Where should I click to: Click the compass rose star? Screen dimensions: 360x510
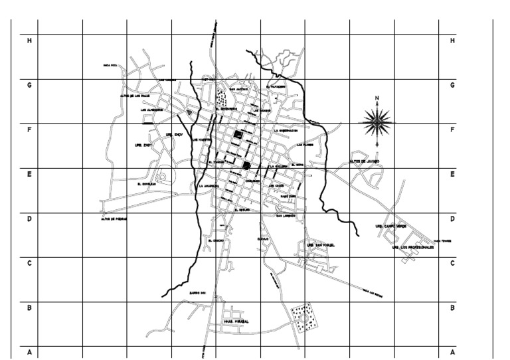pos(377,122)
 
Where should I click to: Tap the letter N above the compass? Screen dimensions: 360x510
pos(377,99)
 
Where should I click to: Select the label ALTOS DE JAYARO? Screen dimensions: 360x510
pos(364,161)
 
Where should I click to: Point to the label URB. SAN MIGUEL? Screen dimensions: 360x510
pos(321,245)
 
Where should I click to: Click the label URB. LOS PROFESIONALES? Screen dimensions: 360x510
pos(412,247)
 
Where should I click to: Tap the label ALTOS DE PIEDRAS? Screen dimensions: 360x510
pos(114,219)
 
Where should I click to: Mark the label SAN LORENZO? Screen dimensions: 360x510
pos(288,215)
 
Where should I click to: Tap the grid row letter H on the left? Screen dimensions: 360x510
pos(29,41)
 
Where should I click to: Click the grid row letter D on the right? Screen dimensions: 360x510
pos(452,219)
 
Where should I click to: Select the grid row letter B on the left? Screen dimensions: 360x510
pos(29,308)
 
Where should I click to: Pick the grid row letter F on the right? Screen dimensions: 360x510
pos(452,130)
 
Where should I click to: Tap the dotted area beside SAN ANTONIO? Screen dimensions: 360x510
pos(221,98)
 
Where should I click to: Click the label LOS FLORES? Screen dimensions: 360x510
pos(305,144)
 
